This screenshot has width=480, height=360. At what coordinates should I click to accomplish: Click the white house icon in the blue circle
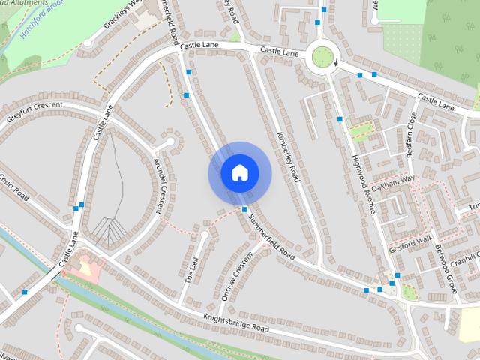click(x=239, y=173)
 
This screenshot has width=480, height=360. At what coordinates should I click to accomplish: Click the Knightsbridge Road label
click(x=235, y=323)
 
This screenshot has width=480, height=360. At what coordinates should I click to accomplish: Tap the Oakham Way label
click(x=392, y=184)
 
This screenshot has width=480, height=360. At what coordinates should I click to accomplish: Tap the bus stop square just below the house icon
click(x=245, y=209)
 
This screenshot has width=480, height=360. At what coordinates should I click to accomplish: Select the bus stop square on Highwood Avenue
click(x=340, y=118)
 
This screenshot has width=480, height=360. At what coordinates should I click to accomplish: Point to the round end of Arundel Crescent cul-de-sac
click(x=170, y=141)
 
